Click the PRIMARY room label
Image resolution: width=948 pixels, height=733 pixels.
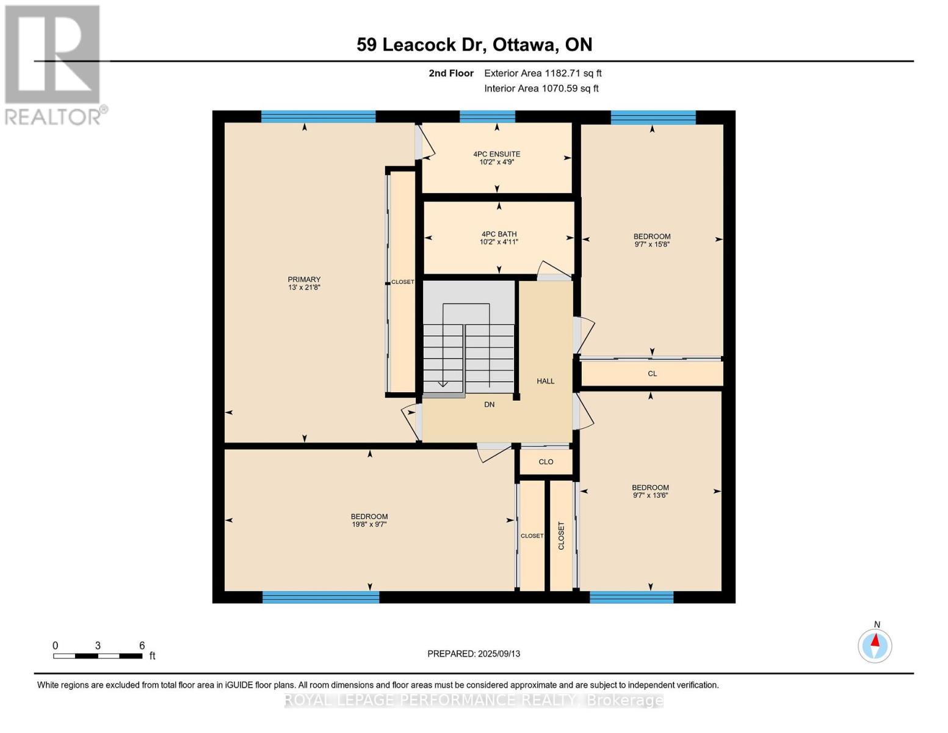tap(304, 279)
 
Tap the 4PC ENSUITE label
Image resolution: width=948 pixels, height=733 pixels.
tap(496, 154)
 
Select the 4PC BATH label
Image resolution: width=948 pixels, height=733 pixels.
tap(499, 234)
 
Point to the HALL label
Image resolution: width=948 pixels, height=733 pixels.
tap(545, 381)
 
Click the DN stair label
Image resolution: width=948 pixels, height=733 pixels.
tap(489, 405)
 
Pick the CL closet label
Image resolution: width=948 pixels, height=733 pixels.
tap(652, 374)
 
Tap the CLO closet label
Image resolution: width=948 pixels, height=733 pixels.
tap(546, 462)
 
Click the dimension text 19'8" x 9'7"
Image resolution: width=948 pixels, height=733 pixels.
tap(369, 524)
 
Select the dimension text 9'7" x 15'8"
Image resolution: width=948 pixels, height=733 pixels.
tap(652, 244)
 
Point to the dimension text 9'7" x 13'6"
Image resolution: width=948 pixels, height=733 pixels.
tap(651, 495)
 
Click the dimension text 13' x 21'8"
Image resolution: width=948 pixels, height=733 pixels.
tap(304, 287)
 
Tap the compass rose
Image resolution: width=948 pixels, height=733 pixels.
tap(875, 646)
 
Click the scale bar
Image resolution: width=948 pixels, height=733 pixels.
tap(98, 655)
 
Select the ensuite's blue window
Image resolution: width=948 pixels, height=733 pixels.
tap(487, 117)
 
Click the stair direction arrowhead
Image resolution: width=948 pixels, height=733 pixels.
tap(443, 384)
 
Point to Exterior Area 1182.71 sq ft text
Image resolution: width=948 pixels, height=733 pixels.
tap(543, 73)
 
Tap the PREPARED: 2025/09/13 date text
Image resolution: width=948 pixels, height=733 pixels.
tap(474, 654)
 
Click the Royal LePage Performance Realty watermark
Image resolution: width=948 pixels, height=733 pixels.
tap(474, 700)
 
